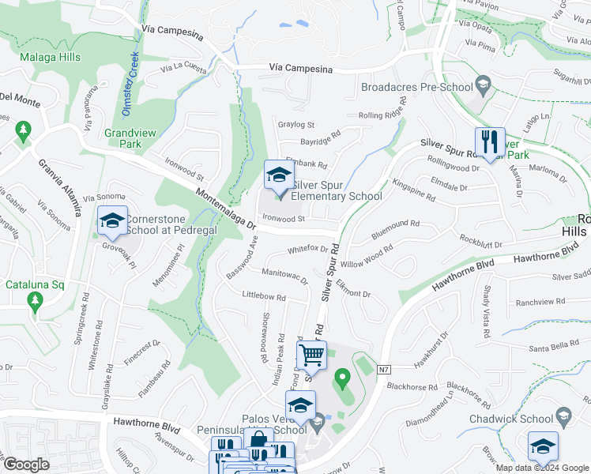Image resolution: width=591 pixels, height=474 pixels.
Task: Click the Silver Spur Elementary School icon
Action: click(278, 175)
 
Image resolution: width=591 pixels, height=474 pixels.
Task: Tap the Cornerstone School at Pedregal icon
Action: click(112, 222)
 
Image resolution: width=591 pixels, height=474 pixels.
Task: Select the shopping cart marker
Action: click(313, 356)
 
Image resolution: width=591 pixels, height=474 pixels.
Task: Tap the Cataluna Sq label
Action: click(34, 284)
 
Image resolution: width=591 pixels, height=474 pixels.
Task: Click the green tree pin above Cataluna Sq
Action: click(34, 300)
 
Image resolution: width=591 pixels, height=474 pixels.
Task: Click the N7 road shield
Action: click(384, 369)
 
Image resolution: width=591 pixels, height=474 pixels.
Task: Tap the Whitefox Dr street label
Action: click(308, 249)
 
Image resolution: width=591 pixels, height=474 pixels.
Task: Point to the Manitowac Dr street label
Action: click(284, 276)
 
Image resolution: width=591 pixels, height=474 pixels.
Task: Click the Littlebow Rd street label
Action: click(264, 296)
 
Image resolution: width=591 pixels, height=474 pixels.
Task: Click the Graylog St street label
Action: click(295, 125)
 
